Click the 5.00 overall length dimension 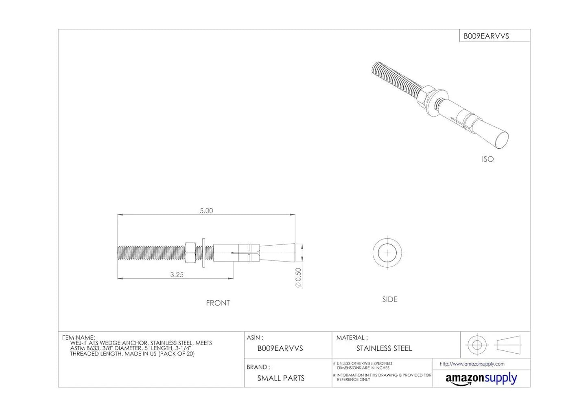(x=206, y=211)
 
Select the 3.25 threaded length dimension (x=177, y=275)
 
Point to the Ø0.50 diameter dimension (x=298, y=278)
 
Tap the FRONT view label (x=218, y=303)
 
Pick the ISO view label (x=487, y=159)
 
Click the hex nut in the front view (x=190, y=253)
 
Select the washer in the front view (x=204, y=253)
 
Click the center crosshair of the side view (x=387, y=253)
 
